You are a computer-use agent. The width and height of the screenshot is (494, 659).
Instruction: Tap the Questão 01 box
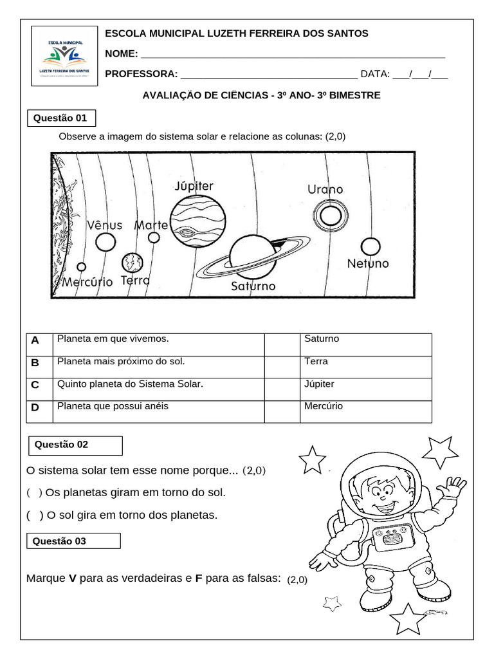(62, 118)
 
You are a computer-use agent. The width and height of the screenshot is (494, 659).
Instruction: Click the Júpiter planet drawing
(192, 222)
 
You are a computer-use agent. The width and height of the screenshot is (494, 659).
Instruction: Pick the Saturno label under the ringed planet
(253, 286)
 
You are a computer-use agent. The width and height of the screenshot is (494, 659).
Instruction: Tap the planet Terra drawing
(133, 263)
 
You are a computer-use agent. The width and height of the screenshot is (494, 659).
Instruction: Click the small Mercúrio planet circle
(82, 266)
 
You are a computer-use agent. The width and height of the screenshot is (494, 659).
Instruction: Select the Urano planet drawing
(331, 215)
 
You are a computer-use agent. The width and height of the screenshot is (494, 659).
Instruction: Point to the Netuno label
(368, 264)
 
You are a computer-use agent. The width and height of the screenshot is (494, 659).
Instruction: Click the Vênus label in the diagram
(105, 225)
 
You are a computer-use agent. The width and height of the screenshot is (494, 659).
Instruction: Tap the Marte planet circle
(154, 237)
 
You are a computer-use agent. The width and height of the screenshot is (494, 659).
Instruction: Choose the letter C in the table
(35, 385)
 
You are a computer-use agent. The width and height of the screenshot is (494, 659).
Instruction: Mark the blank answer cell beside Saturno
(282, 344)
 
